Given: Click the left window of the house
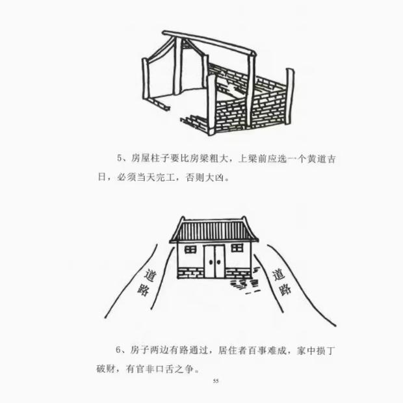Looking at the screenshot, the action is coord(190,249).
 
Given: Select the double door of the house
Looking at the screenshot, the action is coord(214,261).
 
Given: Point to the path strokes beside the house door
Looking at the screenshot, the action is coord(242,285).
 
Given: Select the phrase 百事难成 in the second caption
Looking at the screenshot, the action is coord(267,350).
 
